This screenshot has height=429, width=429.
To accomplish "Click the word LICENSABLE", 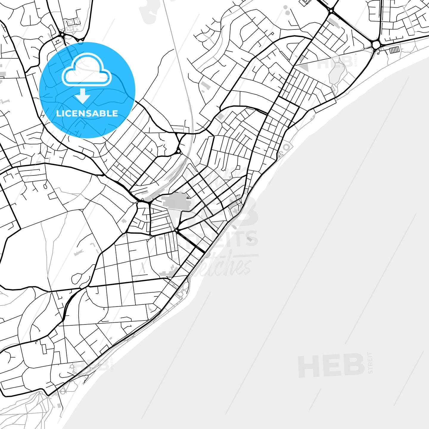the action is [x=87, y=114].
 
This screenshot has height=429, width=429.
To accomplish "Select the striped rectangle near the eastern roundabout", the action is [x=394, y=50].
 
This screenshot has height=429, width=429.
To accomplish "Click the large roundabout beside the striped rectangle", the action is [x=376, y=45].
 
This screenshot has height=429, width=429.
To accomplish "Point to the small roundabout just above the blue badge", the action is [x=62, y=35].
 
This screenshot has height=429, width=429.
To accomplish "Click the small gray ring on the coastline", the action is [x=286, y=147].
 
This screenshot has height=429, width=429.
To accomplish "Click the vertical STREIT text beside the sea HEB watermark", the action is [x=370, y=363].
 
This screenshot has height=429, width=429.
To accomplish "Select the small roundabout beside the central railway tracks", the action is [x=178, y=151].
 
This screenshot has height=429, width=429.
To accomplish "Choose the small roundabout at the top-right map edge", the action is [x=331, y=11].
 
